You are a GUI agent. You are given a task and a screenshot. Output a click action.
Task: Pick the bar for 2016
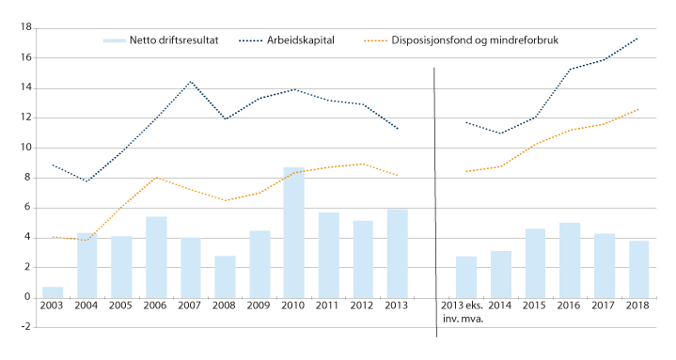click(570, 259)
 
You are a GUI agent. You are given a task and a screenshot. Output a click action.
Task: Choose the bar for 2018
click(638, 269)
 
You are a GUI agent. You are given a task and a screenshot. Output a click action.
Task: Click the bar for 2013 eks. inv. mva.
click(466, 276)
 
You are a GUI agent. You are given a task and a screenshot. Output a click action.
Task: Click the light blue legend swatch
click(114, 40)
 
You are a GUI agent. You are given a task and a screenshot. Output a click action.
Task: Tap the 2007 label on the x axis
click(191, 307)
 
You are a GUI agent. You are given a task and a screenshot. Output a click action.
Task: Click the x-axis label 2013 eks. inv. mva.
click(466, 313)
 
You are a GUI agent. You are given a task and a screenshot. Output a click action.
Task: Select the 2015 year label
click(535, 307)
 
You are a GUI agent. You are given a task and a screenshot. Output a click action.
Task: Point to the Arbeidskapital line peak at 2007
click(191, 81)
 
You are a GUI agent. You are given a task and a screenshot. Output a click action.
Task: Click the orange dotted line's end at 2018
click(638, 109)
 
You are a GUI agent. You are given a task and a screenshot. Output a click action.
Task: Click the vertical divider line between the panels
click(433, 188)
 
